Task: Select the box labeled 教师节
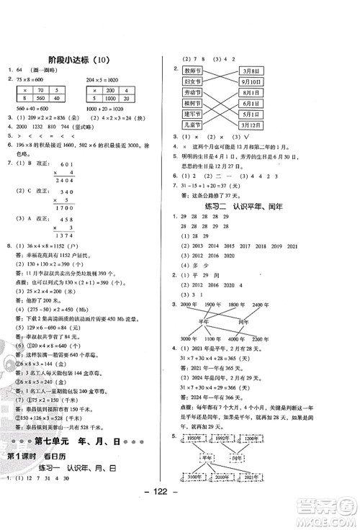(x=192, y=72)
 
